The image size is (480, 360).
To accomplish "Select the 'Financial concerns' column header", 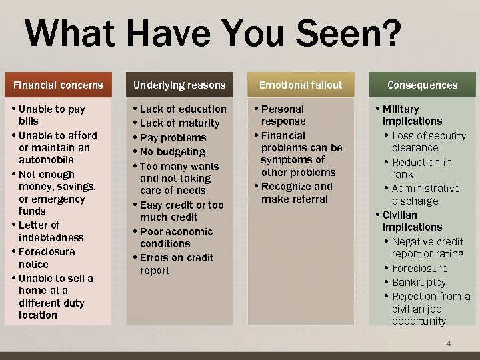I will [x=59, y=85].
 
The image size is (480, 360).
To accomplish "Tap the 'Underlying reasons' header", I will [x=179, y=85].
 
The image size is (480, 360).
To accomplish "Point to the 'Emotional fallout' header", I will [x=300, y=85].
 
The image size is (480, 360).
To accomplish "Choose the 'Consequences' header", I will [x=422, y=85].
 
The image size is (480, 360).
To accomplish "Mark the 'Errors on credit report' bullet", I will [x=176, y=264].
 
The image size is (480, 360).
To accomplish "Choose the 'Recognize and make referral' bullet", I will [x=296, y=193].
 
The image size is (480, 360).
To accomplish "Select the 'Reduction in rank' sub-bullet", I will [x=421, y=168].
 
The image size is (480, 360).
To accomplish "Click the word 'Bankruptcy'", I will [x=419, y=283].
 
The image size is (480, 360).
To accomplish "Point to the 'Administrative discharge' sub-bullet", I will [x=425, y=195].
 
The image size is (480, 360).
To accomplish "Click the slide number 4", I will [x=449, y=343].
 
